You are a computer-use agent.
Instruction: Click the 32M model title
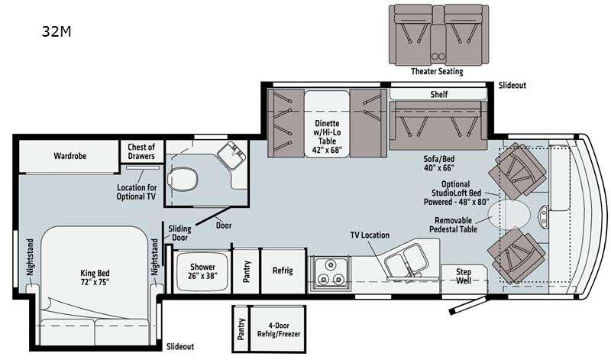click(x=57, y=31)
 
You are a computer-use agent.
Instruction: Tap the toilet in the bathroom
click(x=182, y=180)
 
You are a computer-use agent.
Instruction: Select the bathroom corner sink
click(x=231, y=155)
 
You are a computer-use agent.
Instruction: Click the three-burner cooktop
click(x=331, y=274)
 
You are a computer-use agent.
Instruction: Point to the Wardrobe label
click(x=70, y=156)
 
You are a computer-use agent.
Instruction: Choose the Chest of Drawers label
click(x=141, y=152)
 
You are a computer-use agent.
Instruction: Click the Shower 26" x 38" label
click(x=202, y=271)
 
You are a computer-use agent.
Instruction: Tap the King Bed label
click(x=95, y=277)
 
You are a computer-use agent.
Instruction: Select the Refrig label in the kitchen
click(x=283, y=271)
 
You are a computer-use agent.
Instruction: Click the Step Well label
click(x=464, y=276)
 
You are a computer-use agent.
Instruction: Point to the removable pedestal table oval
click(x=509, y=215)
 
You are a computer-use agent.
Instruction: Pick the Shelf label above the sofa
click(x=438, y=94)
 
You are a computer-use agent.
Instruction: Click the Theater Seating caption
click(x=437, y=71)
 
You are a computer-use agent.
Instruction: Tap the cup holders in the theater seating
click(x=438, y=57)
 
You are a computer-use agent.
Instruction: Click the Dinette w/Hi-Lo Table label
click(x=327, y=137)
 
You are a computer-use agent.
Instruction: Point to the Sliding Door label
click(x=179, y=233)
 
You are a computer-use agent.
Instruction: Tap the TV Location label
click(x=370, y=235)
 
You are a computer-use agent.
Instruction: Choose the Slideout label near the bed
click(x=180, y=346)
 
